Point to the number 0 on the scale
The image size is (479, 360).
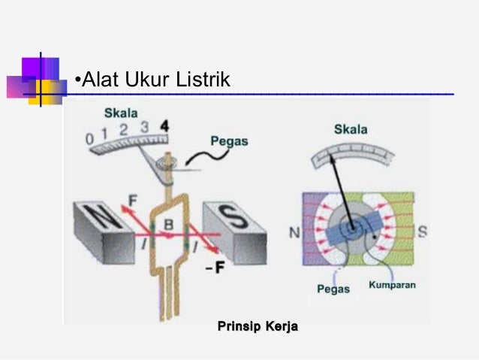[89, 140]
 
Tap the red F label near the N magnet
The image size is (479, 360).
[132, 201]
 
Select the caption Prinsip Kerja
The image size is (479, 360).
[258, 326]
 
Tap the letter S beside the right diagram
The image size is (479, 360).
[422, 231]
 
